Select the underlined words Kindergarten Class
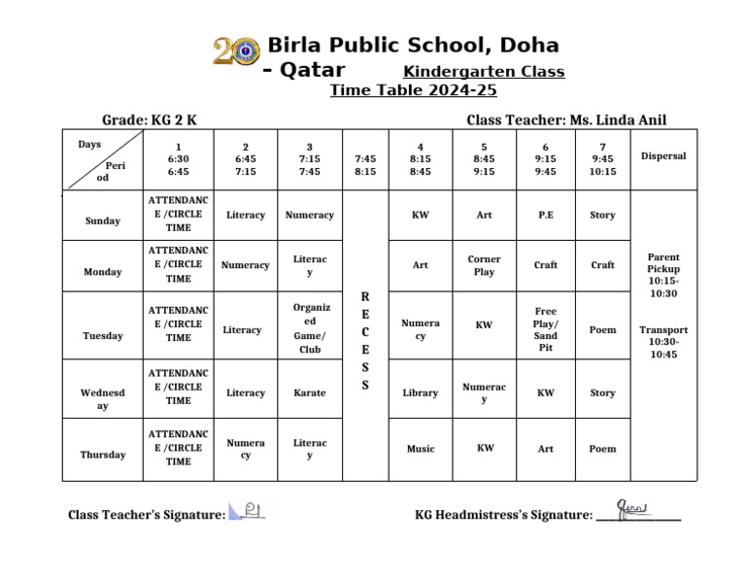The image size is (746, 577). (x=483, y=72)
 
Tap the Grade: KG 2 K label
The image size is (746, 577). (x=150, y=120)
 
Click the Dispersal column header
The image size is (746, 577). (x=663, y=156)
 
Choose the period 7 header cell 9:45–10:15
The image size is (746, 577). (x=602, y=159)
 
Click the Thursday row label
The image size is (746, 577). (x=102, y=455)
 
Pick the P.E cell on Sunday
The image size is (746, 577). (x=545, y=215)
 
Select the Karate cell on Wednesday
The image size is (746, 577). (x=310, y=393)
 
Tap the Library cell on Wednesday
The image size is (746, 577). (x=420, y=393)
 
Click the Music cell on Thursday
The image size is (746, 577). (x=420, y=449)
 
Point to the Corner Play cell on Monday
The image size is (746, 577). (x=484, y=265)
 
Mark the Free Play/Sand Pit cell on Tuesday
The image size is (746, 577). (x=545, y=329)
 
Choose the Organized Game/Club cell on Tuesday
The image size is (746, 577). (x=310, y=328)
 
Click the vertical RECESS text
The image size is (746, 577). (x=364, y=340)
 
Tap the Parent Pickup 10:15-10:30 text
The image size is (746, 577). (x=663, y=275)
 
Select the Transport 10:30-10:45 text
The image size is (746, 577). (x=663, y=342)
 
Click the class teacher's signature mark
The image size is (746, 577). (x=246, y=511)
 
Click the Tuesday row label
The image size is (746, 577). (x=102, y=336)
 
